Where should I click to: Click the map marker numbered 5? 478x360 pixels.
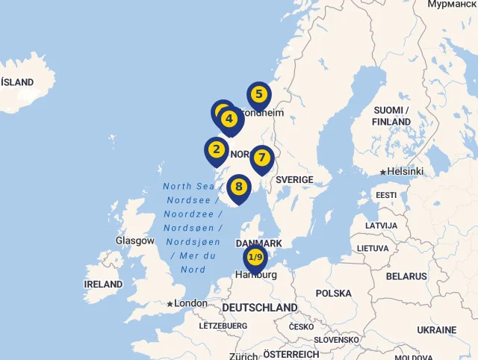[258, 95]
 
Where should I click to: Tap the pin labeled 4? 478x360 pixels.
[229, 119]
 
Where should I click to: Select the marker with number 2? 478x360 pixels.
[217, 149]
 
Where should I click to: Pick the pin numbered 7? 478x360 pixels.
[261, 158]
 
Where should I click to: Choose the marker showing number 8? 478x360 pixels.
[238, 187]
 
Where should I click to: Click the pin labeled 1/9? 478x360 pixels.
[255, 258]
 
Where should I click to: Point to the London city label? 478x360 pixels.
[190, 303]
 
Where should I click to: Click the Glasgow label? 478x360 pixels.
[135, 241]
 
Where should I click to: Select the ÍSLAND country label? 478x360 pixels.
[17, 82]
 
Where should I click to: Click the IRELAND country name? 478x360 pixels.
[103, 285]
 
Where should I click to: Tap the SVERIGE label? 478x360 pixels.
[294, 180]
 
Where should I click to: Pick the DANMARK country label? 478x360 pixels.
[258, 244]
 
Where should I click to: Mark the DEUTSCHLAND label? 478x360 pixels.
[259, 308]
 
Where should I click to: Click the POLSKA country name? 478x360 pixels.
[333, 294]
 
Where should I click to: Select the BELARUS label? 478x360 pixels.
[406, 276]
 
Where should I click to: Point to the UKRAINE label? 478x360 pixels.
[436, 330]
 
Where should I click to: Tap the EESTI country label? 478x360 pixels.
[386, 196]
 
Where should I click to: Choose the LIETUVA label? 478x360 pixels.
[373, 248]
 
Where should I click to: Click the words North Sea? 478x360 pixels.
[188, 187]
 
